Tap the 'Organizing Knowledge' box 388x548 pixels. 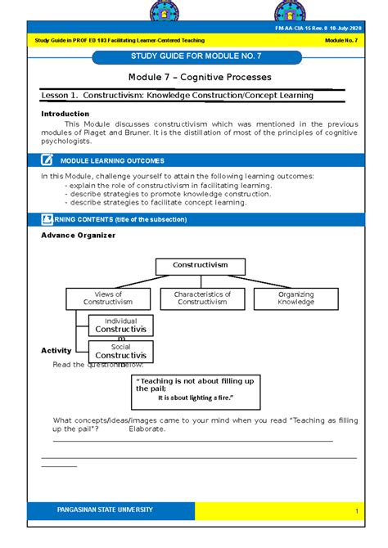(296, 299)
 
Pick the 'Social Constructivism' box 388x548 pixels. (121, 352)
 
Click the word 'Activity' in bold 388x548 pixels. (56, 350)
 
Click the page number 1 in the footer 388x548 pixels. (358, 511)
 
